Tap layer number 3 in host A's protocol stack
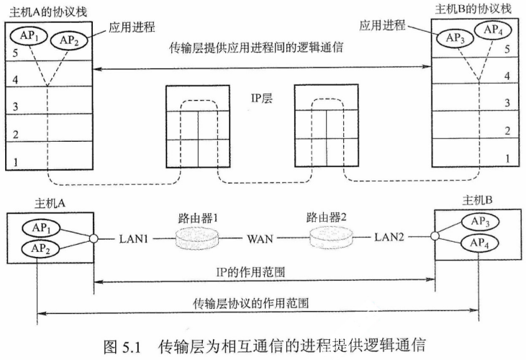[15, 106]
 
